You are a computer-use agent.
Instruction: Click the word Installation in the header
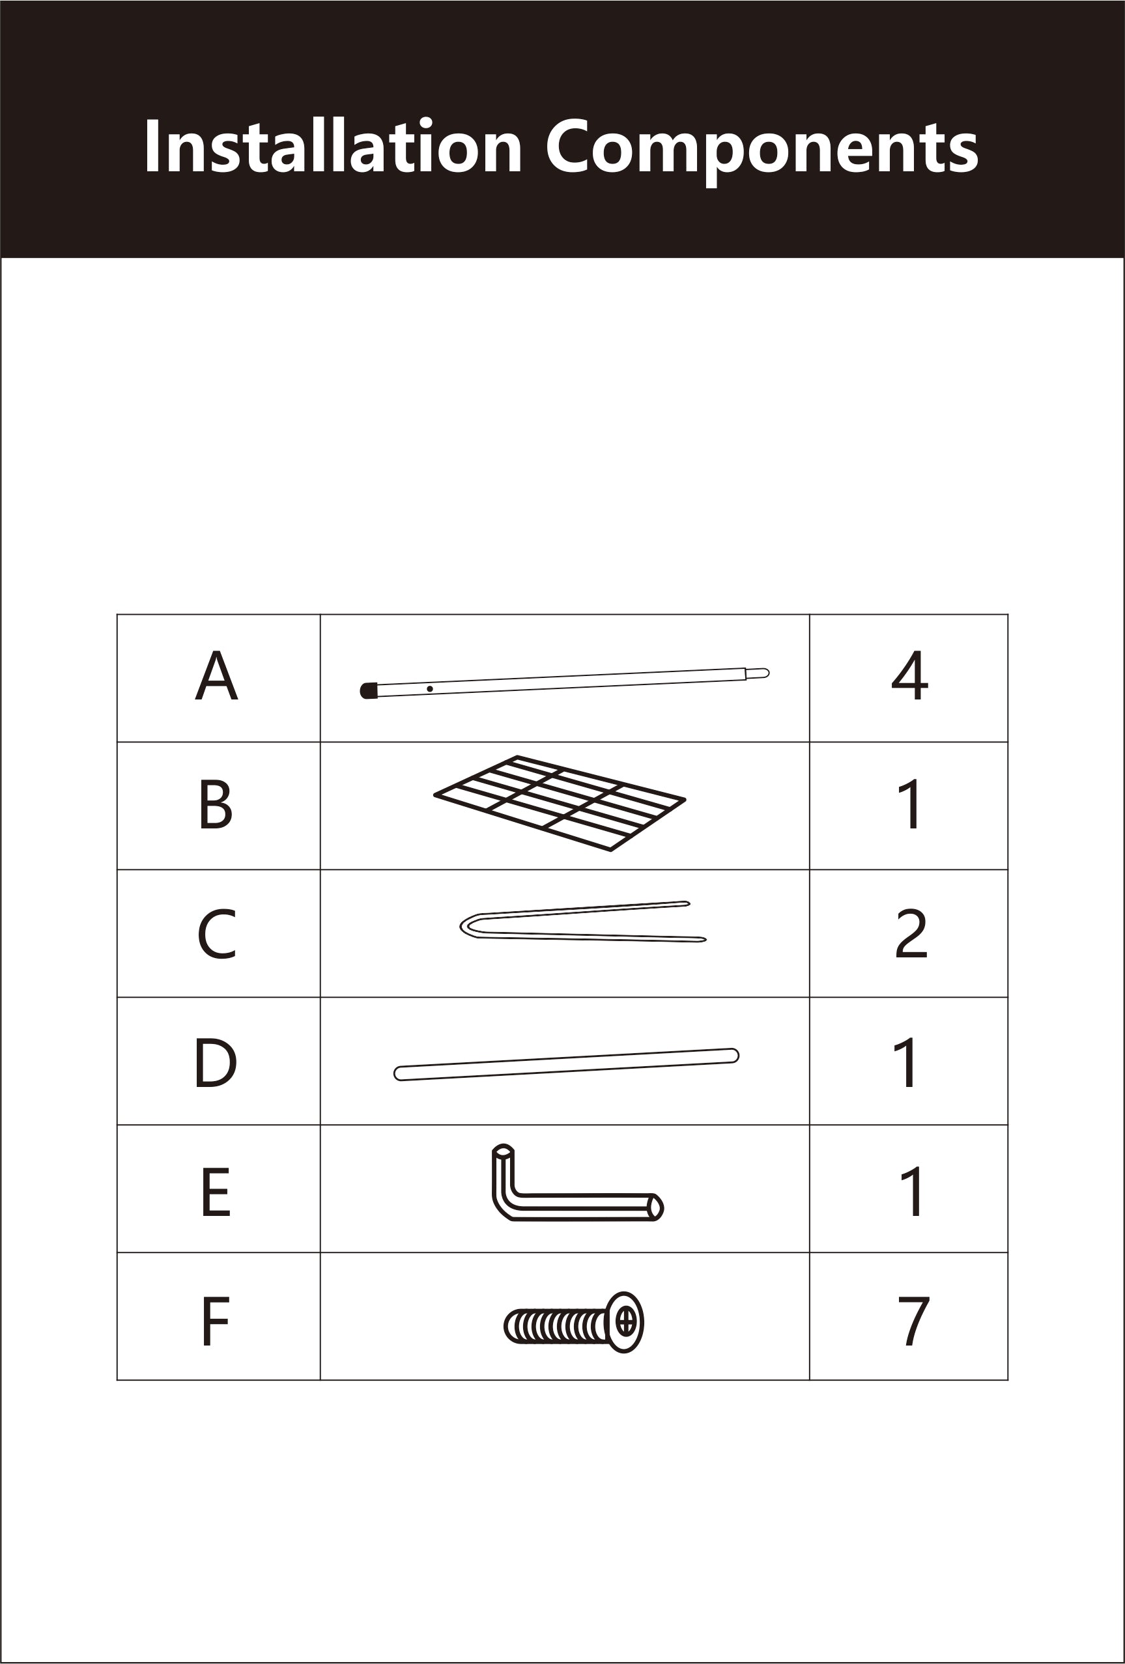tap(332, 146)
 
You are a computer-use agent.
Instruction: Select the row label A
tap(216, 675)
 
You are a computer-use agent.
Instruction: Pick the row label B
tap(216, 804)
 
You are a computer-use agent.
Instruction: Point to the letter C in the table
tap(216, 934)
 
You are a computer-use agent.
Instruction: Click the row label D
tap(215, 1064)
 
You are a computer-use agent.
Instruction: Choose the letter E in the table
tap(216, 1191)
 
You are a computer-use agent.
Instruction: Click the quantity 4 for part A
tap(909, 675)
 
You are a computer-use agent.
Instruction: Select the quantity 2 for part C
tap(911, 934)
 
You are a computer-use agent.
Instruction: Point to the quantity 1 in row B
tap(911, 804)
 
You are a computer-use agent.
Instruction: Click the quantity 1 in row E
tap(911, 1191)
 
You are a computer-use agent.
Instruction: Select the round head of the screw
tap(625, 1323)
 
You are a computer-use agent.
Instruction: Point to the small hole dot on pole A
tap(430, 689)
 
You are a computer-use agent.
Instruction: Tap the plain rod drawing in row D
tap(565, 1065)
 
